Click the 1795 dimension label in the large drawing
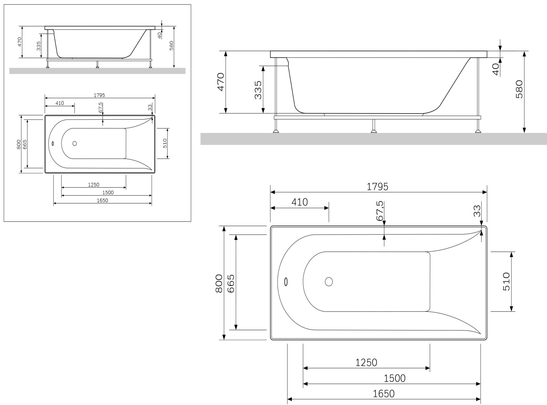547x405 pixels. point(377,187)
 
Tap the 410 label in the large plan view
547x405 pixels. point(299,202)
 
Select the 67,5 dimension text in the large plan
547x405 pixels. point(380,211)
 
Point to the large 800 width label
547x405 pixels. point(219,283)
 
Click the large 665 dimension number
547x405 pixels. point(230,283)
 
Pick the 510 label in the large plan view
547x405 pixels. point(506,282)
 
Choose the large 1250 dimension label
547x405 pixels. point(366,363)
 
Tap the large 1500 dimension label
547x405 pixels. point(395,378)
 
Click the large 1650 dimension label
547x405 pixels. point(384,394)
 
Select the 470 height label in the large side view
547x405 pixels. point(221,82)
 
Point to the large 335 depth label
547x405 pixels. point(258,90)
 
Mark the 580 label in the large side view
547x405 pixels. point(519,89)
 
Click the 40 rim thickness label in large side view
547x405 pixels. point(496,69)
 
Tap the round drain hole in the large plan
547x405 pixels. point(329,281)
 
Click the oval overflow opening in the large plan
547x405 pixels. point(286,282)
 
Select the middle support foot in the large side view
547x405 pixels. point(374,126)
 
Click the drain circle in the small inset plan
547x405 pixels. point(75,143)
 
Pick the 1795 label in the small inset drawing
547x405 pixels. point(99,95)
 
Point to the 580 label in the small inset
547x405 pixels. point(171,46)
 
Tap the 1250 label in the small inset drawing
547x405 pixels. point(94,185)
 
